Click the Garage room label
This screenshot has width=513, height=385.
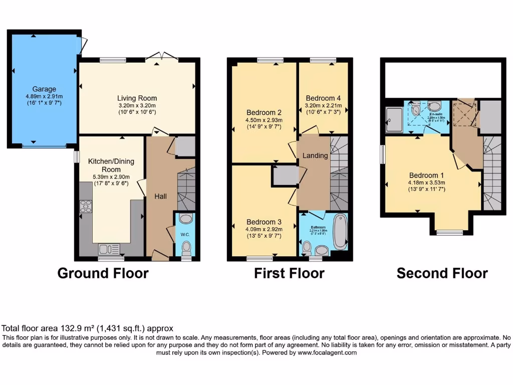(x=45, y=89)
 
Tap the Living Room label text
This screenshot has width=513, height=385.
(x=137, y=98)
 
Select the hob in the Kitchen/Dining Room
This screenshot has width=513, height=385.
(x=86, y=206)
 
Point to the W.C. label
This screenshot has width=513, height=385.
(x=185, y=234)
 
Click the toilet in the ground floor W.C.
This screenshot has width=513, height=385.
(x=186, y=248)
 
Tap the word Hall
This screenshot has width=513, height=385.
(x=160, y=197)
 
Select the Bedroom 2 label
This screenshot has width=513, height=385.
(x=264, y=112)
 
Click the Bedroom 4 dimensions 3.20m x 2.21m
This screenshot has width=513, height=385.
(x=323, y=106)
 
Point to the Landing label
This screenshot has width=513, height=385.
(x=315, y=155)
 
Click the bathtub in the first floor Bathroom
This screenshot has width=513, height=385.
(x=340, y=232)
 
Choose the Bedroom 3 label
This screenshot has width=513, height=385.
(x=264, y=222)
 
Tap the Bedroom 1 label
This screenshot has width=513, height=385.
(x=424, y=175)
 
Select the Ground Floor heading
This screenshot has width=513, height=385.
(x=103, y=273)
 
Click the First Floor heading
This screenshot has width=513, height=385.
(x=289, y=273)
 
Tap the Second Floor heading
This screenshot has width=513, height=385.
(x=442, y=273)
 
